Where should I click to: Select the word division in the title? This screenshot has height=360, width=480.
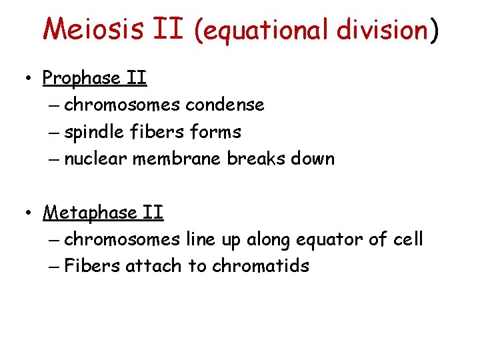pos(382,30)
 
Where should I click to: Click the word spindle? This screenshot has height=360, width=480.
pos(93,133)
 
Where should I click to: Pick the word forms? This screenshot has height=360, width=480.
pos(215,132)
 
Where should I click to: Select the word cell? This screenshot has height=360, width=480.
pos(407,239)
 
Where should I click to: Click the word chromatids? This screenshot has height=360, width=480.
pos(261,266)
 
